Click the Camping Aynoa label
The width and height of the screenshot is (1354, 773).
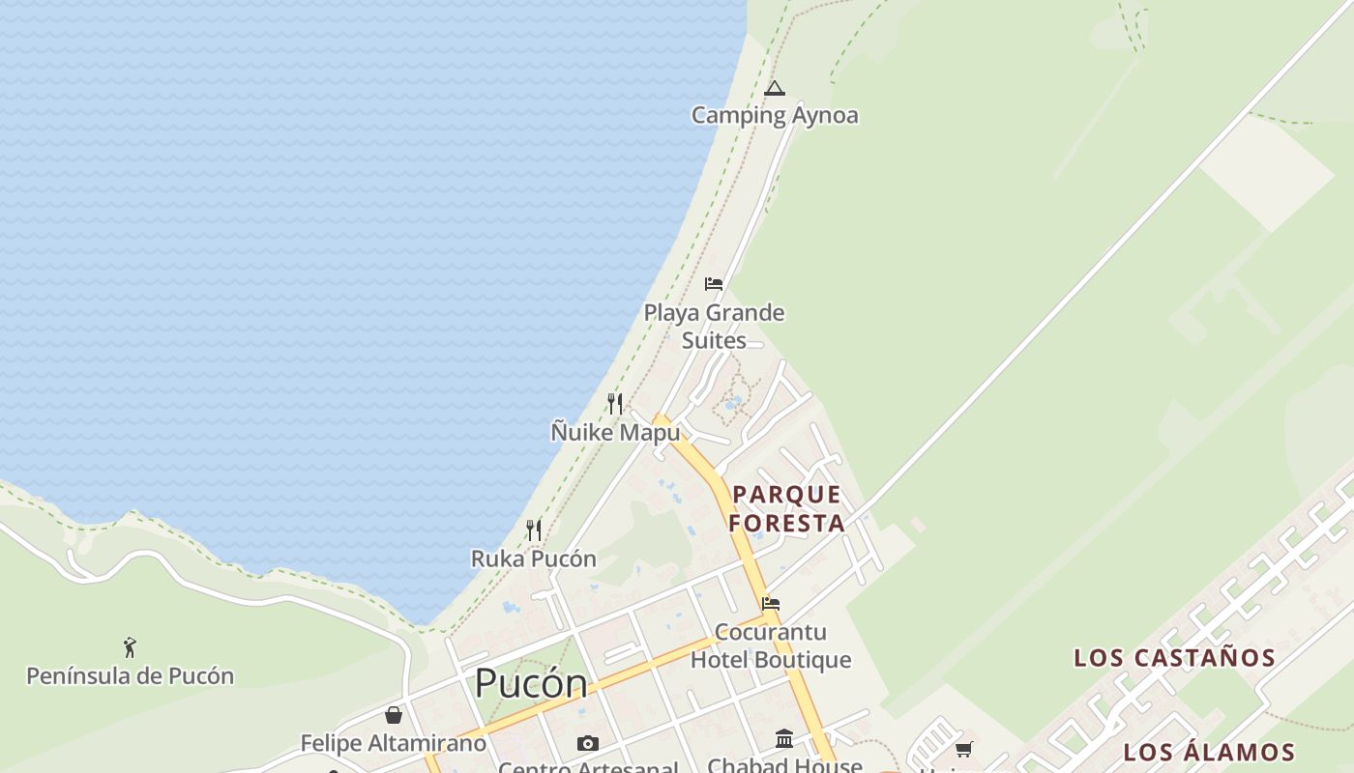tap(774, 115)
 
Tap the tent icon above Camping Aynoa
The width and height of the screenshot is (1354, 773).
tap(774, 89)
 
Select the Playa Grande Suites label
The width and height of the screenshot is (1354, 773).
tap(714, 327)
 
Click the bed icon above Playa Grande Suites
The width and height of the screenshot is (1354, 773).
tap(714, 284)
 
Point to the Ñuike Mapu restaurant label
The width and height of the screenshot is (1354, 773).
tap(615, 432)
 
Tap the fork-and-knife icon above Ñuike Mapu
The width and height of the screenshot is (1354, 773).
tap(615, 403)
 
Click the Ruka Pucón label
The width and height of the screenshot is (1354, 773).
tap(533, 558)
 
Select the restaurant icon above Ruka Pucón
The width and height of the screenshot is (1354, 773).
tap(533, 530)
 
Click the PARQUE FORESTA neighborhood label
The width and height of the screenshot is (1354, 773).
tap(786, 509)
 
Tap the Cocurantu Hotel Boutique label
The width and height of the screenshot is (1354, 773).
tap(771, 645)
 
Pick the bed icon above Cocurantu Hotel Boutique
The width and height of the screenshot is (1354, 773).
tap(771, 604)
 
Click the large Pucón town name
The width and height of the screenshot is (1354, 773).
tap(530, 684)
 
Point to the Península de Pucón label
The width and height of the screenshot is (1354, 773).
tap(130, 675)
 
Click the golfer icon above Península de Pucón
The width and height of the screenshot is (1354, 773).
tap(130, 647)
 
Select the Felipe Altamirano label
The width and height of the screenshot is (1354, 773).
tap(393, 743)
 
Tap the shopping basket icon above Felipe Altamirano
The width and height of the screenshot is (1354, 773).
tap(394, 715)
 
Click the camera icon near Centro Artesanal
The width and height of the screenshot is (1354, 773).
tap(587, 743)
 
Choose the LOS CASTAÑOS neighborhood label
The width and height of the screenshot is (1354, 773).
tap(1174, 658)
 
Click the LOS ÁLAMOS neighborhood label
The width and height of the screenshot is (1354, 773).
tap(1208, 752)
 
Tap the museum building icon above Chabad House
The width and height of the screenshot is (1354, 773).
tap(784, 739)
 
